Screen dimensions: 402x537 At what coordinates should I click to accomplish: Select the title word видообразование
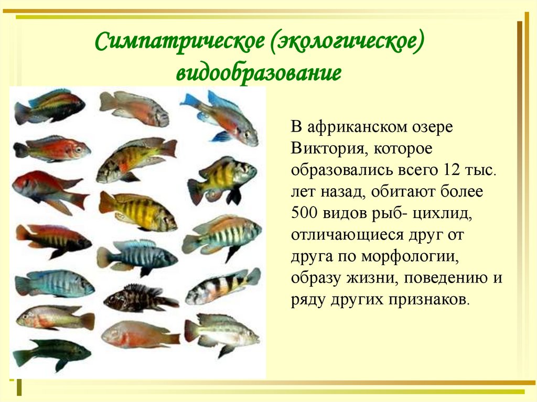tap(258, 72)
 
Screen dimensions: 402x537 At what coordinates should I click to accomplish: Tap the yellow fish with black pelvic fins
tap(222, 179)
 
